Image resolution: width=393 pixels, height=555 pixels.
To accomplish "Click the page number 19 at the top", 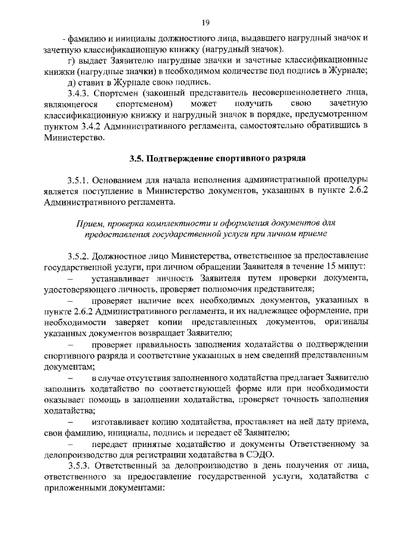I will [206, 23].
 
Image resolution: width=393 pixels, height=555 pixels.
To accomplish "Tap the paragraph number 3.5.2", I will [80, 255].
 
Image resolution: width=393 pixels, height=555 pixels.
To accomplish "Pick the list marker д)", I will [72, 82].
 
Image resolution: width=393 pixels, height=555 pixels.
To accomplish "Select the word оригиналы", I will [344, 323].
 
